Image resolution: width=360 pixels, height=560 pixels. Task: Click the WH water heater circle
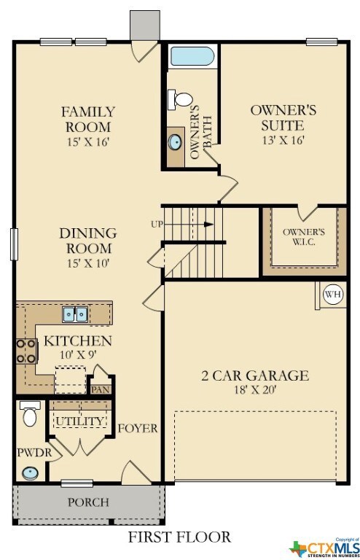pyautogui.click(x=333, y=295)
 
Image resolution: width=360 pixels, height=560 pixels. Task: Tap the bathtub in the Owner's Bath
pyautogui.click(x=192, y=56)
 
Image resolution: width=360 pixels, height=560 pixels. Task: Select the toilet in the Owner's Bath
pyautogui.click(x=181, y=99)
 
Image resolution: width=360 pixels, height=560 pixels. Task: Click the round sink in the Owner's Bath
pyautogui.click(x=175, y=142)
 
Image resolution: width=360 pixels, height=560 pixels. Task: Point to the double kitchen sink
pyautogui.click(x=75, y=314)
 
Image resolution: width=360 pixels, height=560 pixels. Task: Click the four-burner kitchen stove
pyautogui.click(x=26, y=351)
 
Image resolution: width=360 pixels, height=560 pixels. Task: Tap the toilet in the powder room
pyautogui.click(x=30, y=413)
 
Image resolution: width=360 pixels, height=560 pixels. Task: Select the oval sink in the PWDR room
pyautogui.click(x=30, y=473)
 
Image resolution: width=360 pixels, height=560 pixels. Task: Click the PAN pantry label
pyautogui.click(x=101, y=389)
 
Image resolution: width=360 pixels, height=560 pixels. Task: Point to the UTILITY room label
pyautogui.click(x=80, y=421)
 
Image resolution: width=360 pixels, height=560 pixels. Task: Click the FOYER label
pyautogui.click(x=138, y=428)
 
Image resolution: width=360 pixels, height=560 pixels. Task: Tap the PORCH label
pyautogui.click(x=88, y=502)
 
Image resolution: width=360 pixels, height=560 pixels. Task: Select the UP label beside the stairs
pyautogui.click(x=157, y=225)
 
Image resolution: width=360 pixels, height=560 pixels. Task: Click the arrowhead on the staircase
pyautogui.click(x=208, y=225)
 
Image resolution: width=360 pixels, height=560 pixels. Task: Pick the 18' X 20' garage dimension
pyautogui.click(x=255, y=389)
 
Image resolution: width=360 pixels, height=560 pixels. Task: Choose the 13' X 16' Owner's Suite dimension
pyautogui.click(x=283, y=140)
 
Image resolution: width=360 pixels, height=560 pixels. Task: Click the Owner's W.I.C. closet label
pyautogui.click(x=304, y=236)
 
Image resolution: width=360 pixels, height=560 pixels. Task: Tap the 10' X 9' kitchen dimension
pyautogui.click(x=77, y=354)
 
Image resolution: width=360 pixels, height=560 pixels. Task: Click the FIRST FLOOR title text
pyautogui.click(x=179, y=537)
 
